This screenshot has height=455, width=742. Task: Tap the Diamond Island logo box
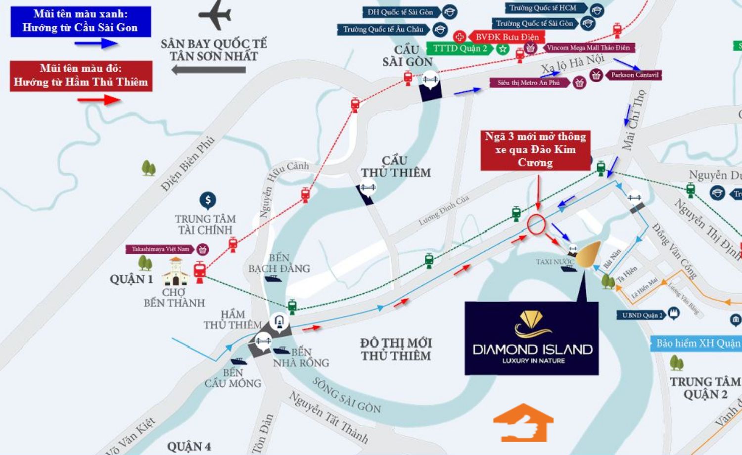tap(532, 338)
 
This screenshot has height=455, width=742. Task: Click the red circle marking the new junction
tap(536, 224)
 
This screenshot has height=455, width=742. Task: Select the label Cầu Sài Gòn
tap(407, 56)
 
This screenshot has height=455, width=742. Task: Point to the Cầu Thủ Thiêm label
tap(395, 167)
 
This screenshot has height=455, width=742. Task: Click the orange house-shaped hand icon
tap(523, 423)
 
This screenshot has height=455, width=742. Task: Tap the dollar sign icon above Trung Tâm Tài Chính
tap(208, 200)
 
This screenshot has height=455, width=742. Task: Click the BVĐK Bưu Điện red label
tap(507, 37)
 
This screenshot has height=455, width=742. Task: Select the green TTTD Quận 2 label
tap(460, 48)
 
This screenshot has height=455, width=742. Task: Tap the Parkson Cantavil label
tap(635, 75)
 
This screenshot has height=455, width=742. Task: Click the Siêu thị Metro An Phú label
tap(529, 83)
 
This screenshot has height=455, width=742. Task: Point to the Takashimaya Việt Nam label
tap(160, 249)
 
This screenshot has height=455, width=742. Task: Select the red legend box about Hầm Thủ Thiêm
tap(81, 75)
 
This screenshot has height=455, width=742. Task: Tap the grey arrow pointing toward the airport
tap(208, 70)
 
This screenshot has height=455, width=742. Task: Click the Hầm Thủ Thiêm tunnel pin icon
tap(279, 322)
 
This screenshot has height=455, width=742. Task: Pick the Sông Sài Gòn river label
tap(346, 395)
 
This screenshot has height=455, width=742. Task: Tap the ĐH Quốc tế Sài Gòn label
tap(400, 12)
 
